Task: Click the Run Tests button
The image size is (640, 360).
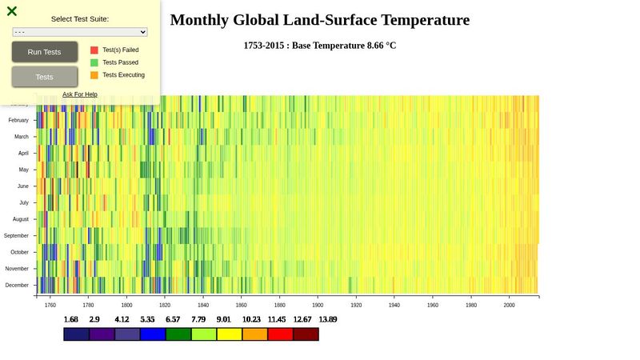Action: pos(44,52)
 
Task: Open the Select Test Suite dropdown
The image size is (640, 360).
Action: pos(80,32)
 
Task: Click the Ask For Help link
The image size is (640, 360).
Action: pos(80,94)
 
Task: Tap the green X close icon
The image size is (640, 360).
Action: pos(12,11)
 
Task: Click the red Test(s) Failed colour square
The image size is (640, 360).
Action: pos(94,50)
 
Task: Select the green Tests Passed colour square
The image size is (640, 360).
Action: pos(94,62)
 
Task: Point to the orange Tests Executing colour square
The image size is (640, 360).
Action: pos(94,75)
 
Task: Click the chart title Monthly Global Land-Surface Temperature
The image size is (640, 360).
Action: pos(320,20)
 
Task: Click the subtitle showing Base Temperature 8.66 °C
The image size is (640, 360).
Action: pos(320,46)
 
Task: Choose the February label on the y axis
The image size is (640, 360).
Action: pos(18,120)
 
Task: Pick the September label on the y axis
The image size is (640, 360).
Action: pos(16,236)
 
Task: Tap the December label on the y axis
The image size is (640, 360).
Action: pos(18,285)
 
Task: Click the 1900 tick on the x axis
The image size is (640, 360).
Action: pos(318,305)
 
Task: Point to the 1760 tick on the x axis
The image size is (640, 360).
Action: pos(50,305)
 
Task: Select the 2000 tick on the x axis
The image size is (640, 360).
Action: pos(509,305)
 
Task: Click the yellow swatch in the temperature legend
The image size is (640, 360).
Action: pos(230,334)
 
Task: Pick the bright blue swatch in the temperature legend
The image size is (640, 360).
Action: pos(153,334)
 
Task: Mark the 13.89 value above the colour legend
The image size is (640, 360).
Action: pos(327,319)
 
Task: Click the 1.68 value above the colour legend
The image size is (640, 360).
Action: pos(71,319)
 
